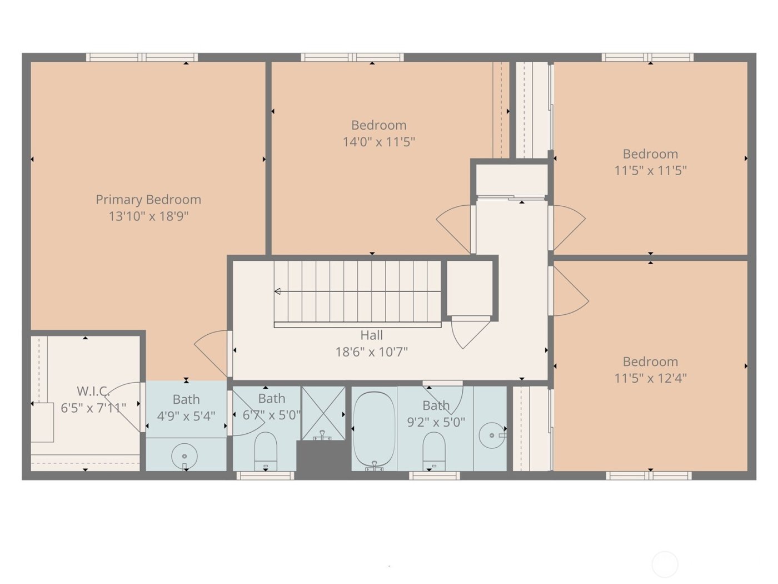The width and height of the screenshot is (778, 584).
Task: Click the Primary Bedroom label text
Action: coord(148,200)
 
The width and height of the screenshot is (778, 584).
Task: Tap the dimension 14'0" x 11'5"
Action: coord(378,142)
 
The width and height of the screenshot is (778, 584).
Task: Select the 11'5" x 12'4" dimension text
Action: coord(650,378)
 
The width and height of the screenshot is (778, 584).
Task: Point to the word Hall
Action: coord(371,335)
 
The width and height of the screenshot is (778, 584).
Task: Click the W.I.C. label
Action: coord(92,391)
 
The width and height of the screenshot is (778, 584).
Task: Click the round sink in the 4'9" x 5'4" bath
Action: coord(184,456)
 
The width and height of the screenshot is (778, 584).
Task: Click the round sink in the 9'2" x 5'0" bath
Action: coord(492,435)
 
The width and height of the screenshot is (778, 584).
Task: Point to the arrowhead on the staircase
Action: coord(277,291)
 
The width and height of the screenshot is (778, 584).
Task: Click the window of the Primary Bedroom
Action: coord(142,57)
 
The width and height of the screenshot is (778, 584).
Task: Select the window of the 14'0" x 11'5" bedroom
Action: coord(352,57)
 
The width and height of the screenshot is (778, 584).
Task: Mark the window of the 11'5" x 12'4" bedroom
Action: coord(649,476)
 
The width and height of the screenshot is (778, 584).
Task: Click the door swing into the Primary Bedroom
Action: coord(211,350)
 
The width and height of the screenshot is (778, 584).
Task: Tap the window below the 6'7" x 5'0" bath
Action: coord(265,476)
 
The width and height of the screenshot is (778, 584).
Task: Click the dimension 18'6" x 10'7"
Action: coord(371,352)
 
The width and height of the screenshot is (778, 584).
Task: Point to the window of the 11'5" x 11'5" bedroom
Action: coord(647,57)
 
